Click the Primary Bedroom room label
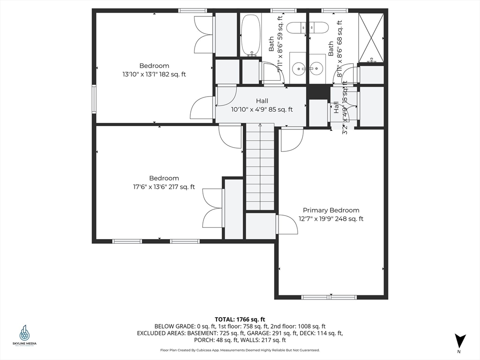pyautogui.click(x=331, y=215)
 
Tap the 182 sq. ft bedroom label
pyautogui.click(x=154, y=70)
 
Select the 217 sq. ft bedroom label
pyautogui.click(x=164, y=182)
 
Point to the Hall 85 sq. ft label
pyautogui.click(x=262, y=105)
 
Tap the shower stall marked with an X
pyautogui.click(x=371, y=37)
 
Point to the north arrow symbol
pyautogui.click(x=460, y=341)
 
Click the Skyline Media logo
pyautogui.click(x=24, y=336)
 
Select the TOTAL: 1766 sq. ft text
pyautogui.click(x=240, y=319)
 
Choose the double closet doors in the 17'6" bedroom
pyautogui.click(x=213, y=209)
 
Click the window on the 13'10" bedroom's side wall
pyautogui.click(x=94, y=99)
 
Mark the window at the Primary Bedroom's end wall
pyautogui.click(x=329, y=297)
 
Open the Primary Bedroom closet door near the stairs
pyautogui.click(x=287, y=224)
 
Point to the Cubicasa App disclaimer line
pyautogui.click(x=240, y=350)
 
